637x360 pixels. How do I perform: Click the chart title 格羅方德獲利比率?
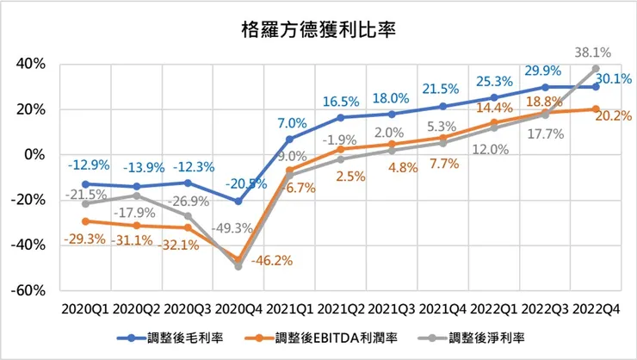318,31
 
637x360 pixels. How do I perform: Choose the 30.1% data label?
612,78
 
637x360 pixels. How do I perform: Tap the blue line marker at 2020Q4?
238,202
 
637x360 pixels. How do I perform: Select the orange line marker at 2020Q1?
86,221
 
